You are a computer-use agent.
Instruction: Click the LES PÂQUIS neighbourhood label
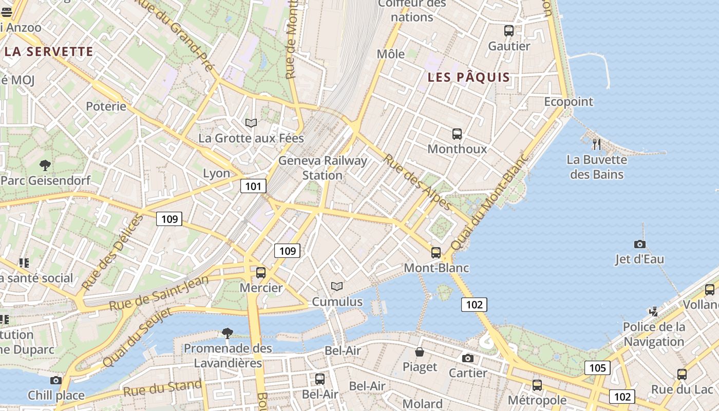pyautogui.click(x=469, y=78)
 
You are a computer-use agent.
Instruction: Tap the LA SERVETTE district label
pyautogui.click(x=49, y=51)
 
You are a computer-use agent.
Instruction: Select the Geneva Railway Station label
pyautogui.click(x=323, y=168)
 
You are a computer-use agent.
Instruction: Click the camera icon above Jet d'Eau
pyautogui.click(x=639, y=244)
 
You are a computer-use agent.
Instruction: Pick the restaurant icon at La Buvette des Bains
pyautogui.click(x=596, y=144)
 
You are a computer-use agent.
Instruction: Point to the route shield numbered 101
pyautogui.click(x=253, y=186)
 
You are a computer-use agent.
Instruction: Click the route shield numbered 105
pyautogui.click(x=597, y=367)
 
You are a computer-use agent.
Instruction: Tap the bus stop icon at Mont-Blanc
pyautogui.click(x=436, y=252)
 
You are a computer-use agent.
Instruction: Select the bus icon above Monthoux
pyautogui.click(x=457, y=134)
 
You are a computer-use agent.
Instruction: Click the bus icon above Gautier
pyautogui.click(x=509, y=31)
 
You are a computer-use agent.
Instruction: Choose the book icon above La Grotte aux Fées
pyautogui.click(x=251, y=123)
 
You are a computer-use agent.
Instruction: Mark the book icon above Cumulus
pyautogui.click(x=337, y=286)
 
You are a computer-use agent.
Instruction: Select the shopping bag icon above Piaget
pyautogui.click(x=420, y=352)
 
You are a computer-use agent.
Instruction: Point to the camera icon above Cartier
pyautogui.click(x=467, y=358)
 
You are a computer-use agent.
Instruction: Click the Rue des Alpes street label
pyautogui.click(x=418, y=182)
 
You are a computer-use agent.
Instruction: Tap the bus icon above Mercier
pyautogui.click(x=261, y=273)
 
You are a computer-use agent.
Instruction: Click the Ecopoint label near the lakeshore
pyautogui.click(x=569, y=102)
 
